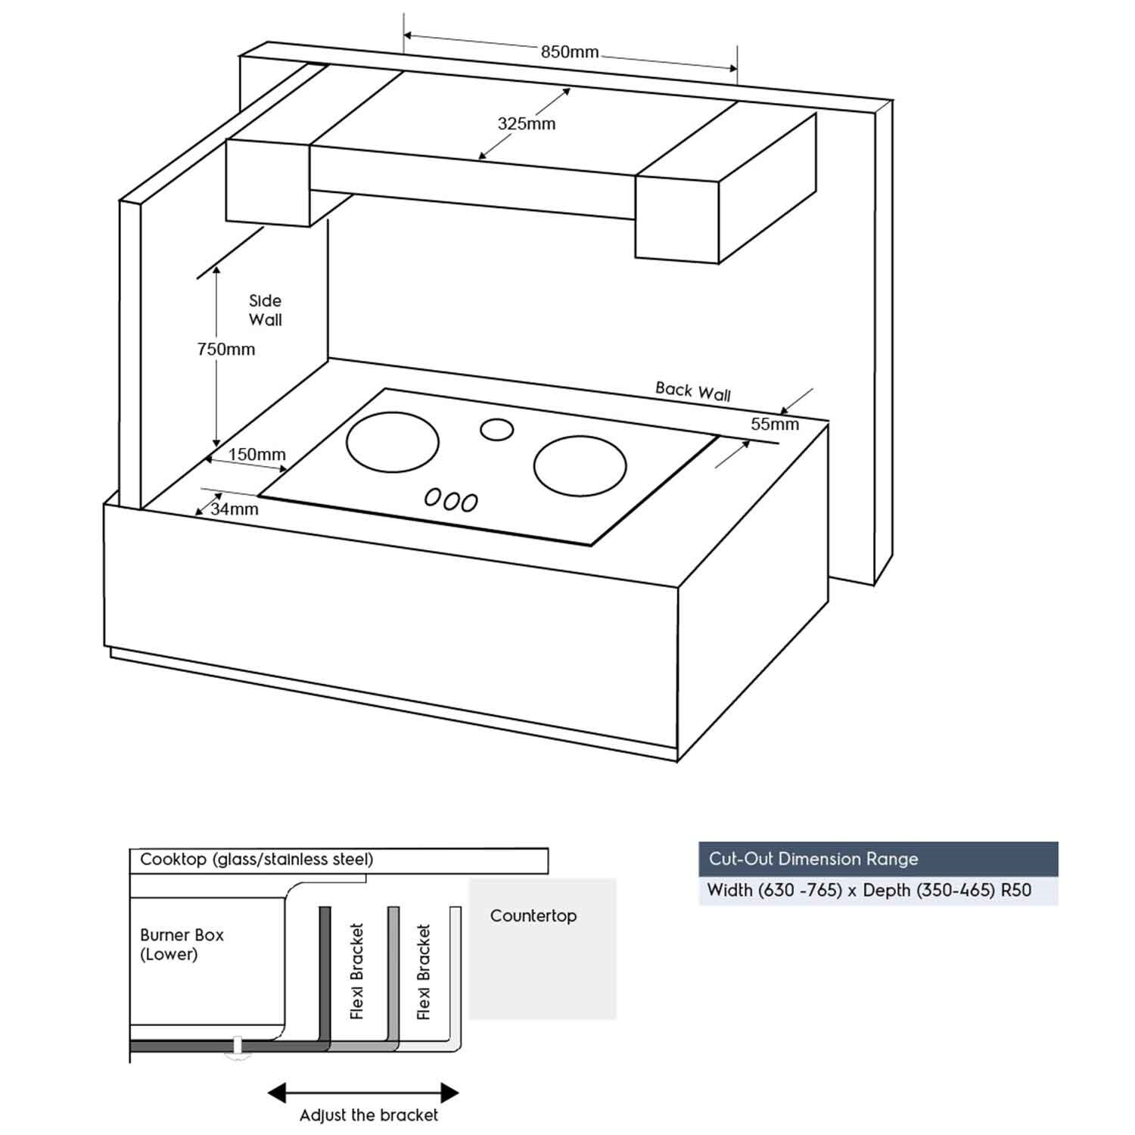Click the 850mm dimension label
[569, 52]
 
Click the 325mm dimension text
[526, 124]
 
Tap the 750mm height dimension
[225, 350]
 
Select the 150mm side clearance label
[257, 455]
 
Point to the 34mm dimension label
[235, 509]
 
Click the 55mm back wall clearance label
[774, 424]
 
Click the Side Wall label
[265, 310]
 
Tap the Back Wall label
[692, 391]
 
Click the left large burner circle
[392, 442]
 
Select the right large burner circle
[580, 465]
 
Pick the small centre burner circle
[496, 430]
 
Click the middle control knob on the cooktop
[452, 499]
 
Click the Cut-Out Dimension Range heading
[813, 859]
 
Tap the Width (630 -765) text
[774, 890]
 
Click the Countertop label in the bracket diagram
[533, 916]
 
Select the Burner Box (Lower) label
[182, 944]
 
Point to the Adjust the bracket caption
[368, 1115]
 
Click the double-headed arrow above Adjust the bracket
[363, 1093]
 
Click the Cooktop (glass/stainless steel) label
[257, 860]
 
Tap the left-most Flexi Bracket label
[357, 971]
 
